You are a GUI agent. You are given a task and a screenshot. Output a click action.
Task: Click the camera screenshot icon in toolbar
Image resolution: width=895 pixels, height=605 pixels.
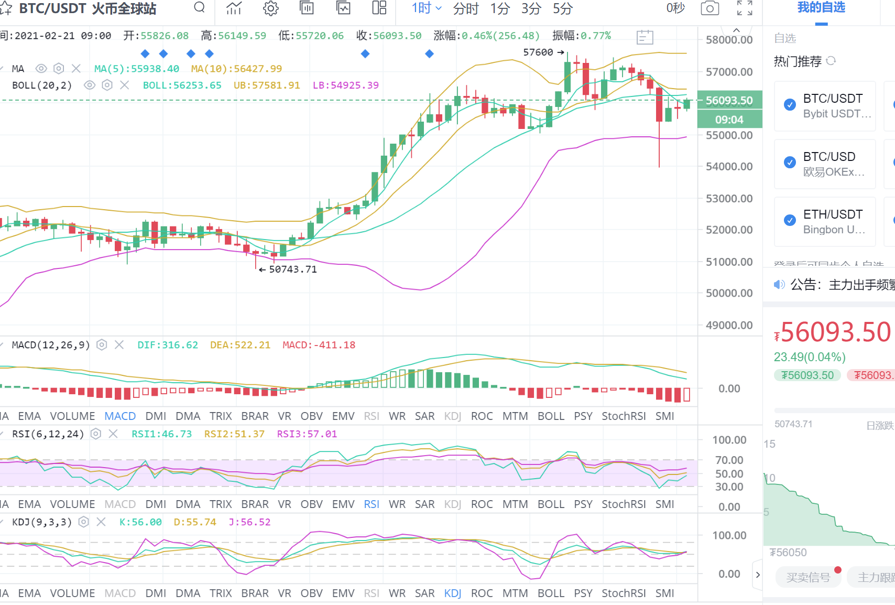710,8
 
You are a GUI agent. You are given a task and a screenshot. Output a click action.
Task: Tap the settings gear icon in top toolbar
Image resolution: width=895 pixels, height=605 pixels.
270,8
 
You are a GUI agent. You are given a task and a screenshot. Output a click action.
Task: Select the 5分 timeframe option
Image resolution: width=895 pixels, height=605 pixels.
562,9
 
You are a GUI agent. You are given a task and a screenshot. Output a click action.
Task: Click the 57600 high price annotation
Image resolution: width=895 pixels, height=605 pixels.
543,52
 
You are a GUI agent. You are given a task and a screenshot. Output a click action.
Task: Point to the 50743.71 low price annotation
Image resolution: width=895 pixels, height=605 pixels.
292,269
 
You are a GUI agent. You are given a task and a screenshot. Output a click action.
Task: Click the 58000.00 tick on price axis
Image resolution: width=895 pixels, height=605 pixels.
729,40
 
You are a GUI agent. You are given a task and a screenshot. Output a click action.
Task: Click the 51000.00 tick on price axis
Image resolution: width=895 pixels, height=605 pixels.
729,262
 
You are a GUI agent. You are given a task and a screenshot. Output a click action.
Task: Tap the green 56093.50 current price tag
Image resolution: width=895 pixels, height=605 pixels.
729,100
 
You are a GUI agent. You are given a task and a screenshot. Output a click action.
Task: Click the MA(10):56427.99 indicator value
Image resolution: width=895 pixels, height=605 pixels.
236,69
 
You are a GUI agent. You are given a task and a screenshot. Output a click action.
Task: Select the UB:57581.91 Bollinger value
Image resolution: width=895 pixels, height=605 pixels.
266,85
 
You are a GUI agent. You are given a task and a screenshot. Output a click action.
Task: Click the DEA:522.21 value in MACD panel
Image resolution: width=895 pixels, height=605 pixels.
240,345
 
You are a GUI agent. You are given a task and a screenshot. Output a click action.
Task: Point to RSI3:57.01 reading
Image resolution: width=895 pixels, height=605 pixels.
307,434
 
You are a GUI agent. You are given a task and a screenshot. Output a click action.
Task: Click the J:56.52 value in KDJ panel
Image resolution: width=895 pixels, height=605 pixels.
249,522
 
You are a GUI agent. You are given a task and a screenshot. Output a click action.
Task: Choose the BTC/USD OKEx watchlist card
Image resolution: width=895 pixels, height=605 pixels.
825,164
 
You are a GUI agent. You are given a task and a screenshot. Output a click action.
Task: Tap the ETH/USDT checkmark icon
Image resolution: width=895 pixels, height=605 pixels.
790,220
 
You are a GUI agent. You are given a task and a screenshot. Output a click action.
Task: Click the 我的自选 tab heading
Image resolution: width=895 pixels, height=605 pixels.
821,8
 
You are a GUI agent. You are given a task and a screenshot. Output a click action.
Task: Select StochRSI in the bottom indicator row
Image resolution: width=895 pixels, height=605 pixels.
623,593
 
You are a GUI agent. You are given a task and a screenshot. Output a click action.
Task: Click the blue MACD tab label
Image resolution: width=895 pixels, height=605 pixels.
120,416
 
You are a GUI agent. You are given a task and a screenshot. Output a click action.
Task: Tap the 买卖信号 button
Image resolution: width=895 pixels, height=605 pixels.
807,577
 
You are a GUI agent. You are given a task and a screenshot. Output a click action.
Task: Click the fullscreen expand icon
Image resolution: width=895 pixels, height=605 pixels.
744,8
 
